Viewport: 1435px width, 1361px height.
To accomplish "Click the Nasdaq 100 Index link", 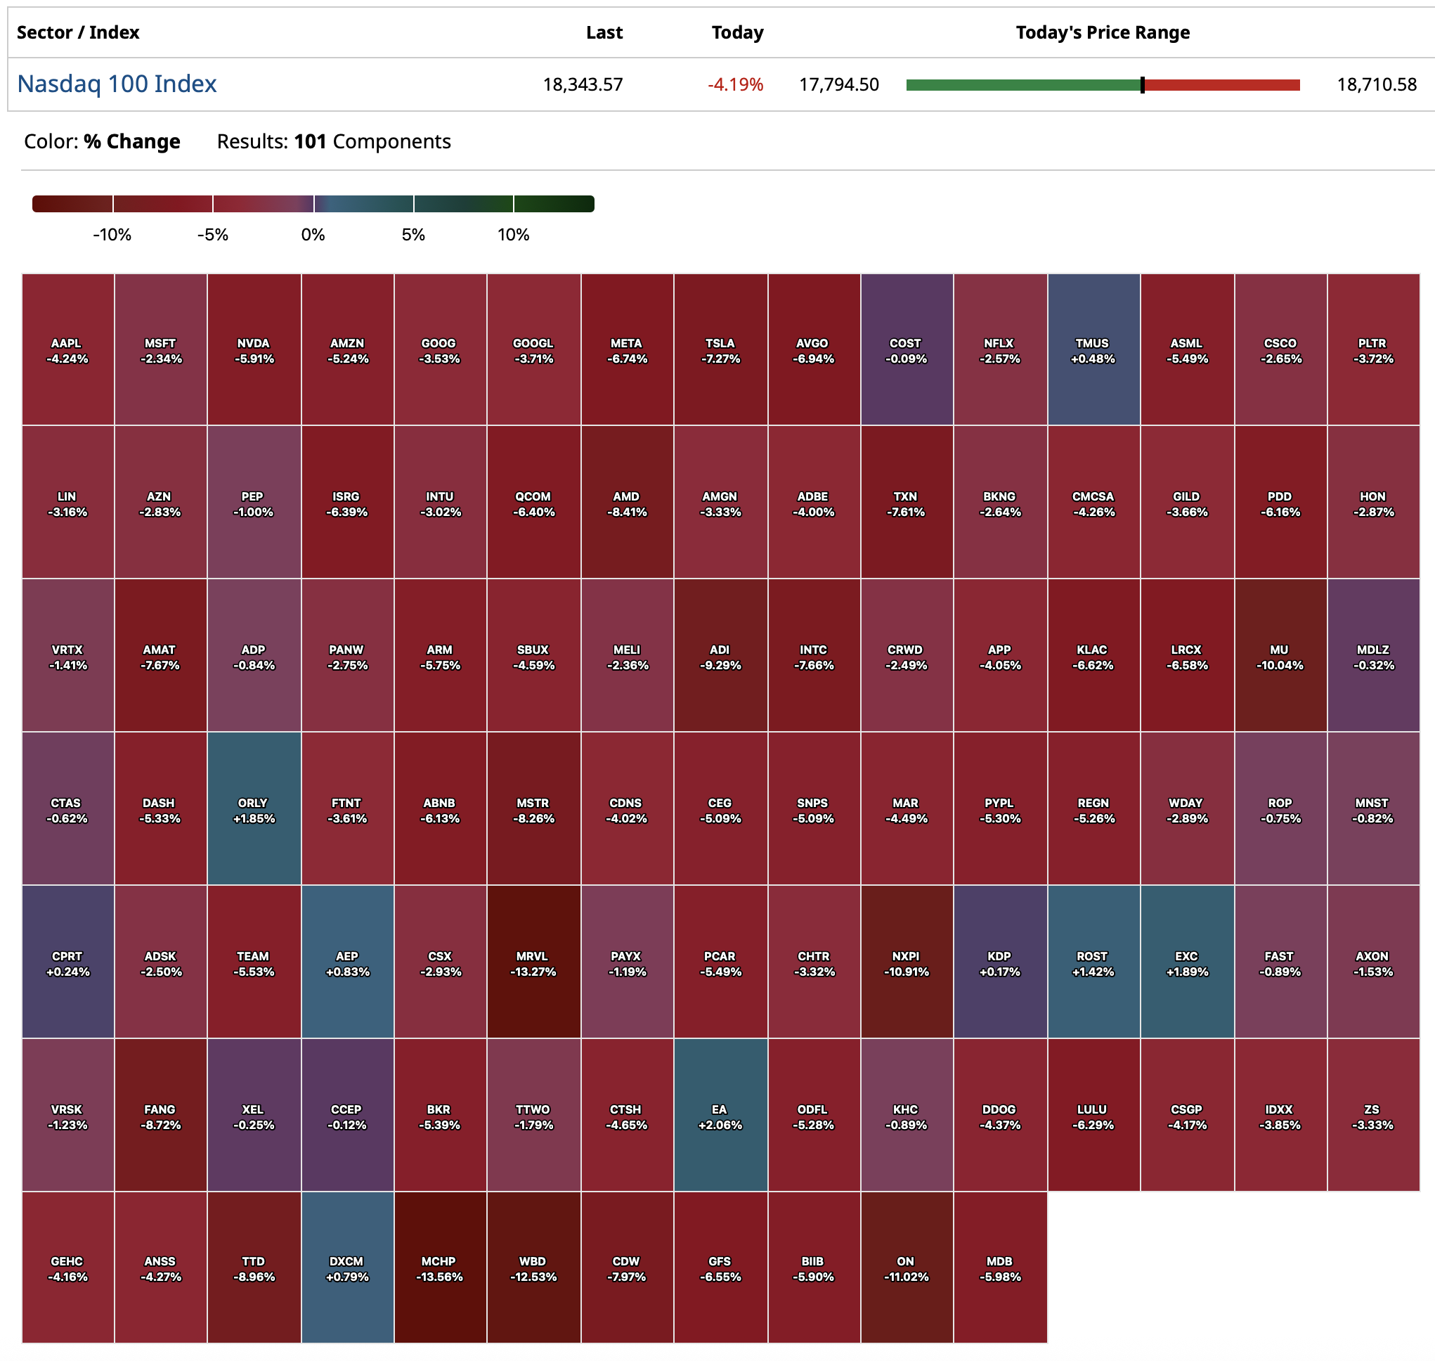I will (x=117, y=84).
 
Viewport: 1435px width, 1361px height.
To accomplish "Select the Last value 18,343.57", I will (x=583, y=85).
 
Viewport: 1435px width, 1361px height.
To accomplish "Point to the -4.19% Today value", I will (x=735, y=85).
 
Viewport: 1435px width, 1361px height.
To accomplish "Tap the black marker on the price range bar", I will (x=1142, y=85).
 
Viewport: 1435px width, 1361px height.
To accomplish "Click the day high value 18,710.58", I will (x=1376, y=85).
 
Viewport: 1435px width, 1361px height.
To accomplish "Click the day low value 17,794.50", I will (x=838, y=85).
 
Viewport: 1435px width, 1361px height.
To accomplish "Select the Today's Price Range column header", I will (x=1102, y=32).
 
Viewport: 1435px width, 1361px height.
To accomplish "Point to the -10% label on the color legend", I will (x=112, y=235).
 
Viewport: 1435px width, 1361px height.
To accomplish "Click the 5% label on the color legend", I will (x=413, y=235).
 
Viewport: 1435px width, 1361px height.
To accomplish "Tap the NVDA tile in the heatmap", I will (x=254, y=350).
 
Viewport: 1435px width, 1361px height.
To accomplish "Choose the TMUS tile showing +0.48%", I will (x=1093, y=350).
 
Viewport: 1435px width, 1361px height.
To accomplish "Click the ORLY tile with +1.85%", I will (x=254, y=811).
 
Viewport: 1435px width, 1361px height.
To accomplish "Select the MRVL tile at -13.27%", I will (x=533, y=963).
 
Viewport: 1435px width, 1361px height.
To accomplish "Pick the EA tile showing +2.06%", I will (x=720, y=1116).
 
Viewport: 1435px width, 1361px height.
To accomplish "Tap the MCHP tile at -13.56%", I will (x=440, y=1269).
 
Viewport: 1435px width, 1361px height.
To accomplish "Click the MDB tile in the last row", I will (x=1000, y=1269).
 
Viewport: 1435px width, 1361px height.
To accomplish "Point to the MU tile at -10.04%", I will (x=1280, y=657).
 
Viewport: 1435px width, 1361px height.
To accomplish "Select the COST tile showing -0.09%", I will (x=907, y=350).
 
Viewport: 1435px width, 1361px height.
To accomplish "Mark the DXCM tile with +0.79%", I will (x=347, y=1269).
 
